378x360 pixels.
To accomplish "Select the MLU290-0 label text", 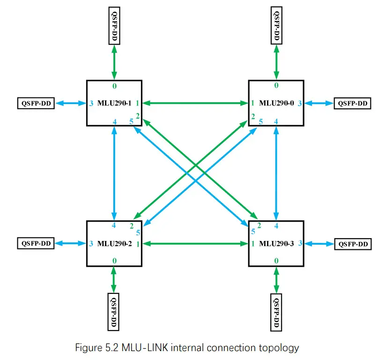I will pos(276,104).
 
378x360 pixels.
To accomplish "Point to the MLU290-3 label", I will pos(276,244).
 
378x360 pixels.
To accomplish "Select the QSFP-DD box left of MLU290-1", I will pos(36,103).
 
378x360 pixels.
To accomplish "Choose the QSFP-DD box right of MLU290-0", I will pos(351,104).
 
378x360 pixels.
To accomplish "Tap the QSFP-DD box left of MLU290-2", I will pos(36,243).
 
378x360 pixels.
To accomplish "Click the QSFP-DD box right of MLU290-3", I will pos(351,244).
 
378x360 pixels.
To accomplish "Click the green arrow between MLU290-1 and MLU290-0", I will pos(194,103).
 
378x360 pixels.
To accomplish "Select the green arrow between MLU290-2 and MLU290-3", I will pos(194,243).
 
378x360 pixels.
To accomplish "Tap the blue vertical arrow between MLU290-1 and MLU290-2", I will pos(114,173).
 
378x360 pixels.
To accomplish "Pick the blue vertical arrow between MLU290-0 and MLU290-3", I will pos(276,173).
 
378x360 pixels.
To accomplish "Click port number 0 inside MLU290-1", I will pos(114,86).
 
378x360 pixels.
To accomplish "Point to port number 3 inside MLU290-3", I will pos(300,243).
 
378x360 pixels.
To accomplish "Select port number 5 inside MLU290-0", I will pos(260,122).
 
